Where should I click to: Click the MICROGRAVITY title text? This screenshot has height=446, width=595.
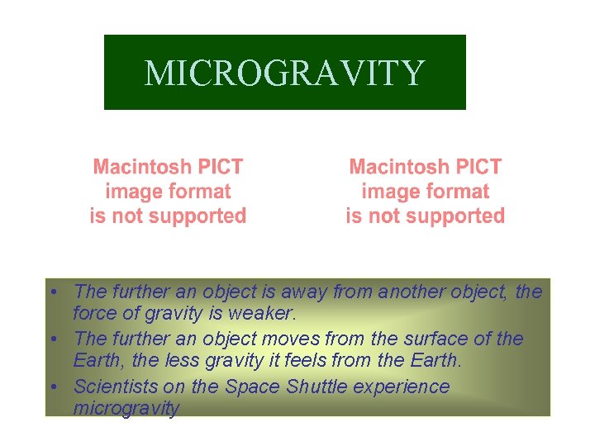click(x=284, y=73)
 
